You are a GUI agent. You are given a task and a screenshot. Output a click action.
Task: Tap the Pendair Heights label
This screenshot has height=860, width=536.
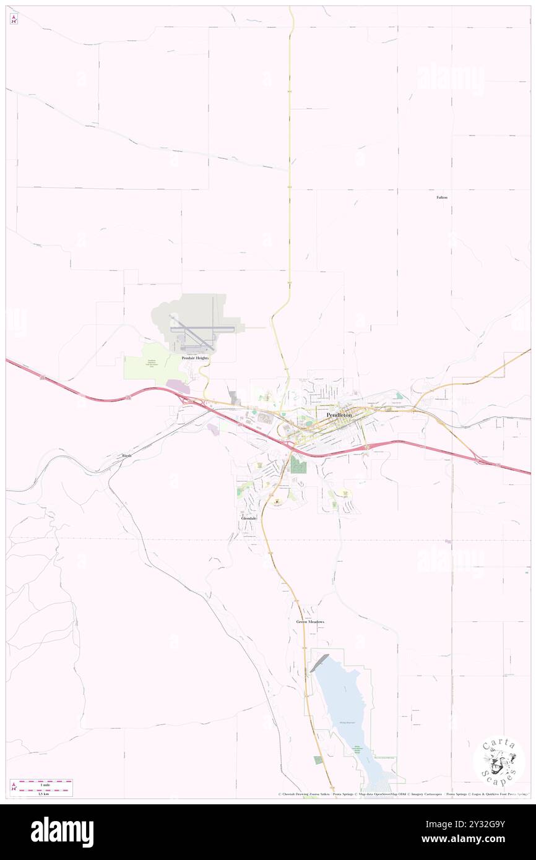tap(195, 358)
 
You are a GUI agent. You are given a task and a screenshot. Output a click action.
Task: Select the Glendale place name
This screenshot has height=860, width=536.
tap(249, 517)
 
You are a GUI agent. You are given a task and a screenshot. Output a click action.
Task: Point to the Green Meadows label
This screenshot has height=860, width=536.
tap(310, 621)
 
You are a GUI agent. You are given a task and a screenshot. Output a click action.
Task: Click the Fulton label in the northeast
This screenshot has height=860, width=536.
tap(441, 197)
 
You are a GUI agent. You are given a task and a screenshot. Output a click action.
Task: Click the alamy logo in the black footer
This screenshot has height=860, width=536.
tap(62, 832)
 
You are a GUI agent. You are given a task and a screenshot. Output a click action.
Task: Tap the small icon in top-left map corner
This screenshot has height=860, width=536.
tap(14, 19)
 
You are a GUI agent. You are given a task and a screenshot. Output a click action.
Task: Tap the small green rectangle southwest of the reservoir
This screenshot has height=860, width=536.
tap(318, 760)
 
